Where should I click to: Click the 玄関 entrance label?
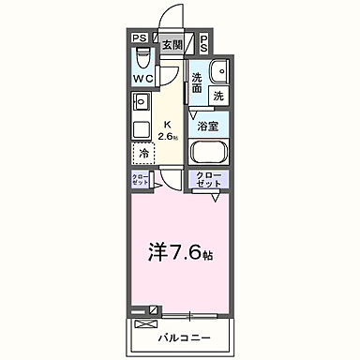172,44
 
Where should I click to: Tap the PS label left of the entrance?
139,38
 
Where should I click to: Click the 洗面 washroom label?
198,82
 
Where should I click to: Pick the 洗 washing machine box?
217,96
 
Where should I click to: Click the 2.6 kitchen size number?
168,137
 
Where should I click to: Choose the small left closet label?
139,181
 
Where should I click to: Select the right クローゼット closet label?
208,181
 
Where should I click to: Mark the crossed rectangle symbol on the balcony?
143,324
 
